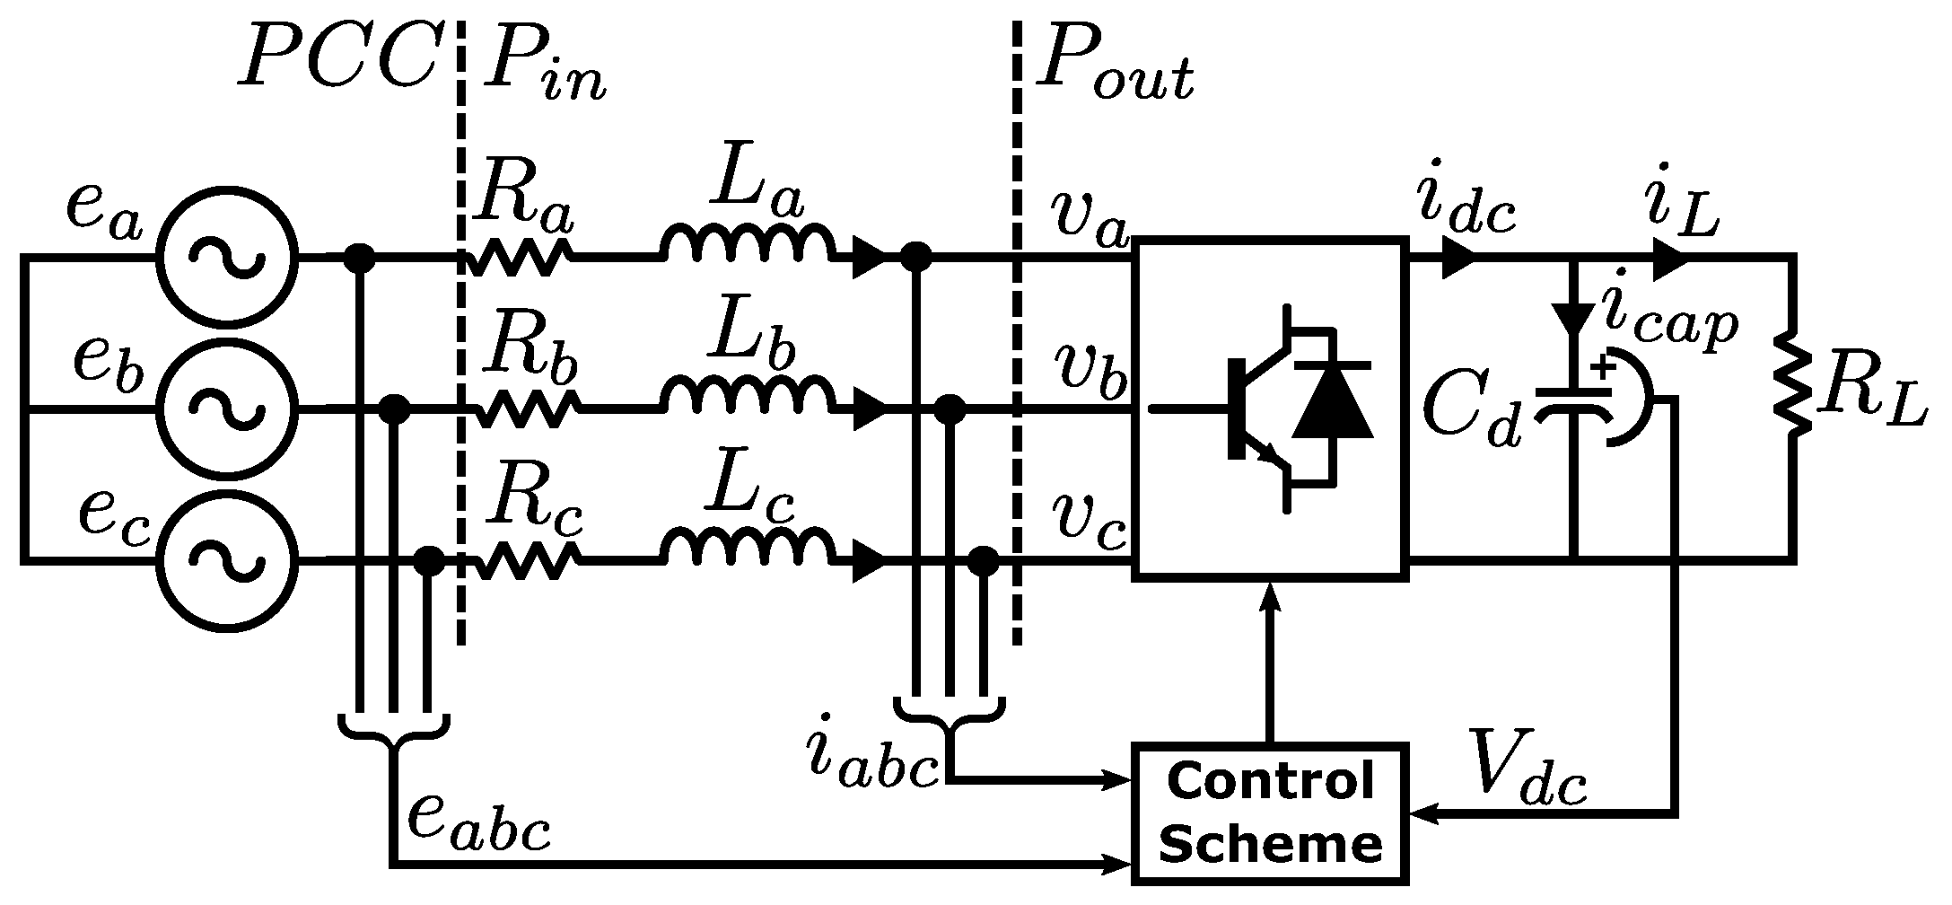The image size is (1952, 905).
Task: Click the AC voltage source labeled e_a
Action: point(226,258)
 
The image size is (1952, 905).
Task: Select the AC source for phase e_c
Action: point(226,560)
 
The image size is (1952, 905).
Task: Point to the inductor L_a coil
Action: point(747,244)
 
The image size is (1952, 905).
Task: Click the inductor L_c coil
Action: point(747,548)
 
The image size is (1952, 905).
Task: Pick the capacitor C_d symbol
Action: point(1572,402)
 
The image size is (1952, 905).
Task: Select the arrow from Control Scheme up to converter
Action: point(1269,664)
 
